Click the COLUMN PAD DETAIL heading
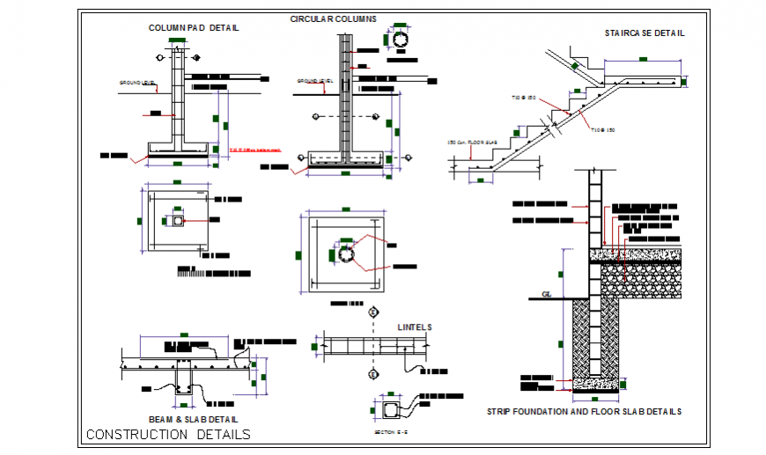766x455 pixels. (x=193, y=27)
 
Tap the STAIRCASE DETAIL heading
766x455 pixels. (x=644, y=33)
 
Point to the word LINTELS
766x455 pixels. (x=414, y=327)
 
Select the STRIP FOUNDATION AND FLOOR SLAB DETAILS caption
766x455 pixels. (x=584, y=411)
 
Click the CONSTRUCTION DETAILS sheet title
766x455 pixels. (x=168, y=435)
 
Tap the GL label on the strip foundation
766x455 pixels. (x=546, y=295)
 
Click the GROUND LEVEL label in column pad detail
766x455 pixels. (x=137, y=83)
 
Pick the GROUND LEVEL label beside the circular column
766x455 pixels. (x=313, y=81)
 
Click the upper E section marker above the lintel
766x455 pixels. (x=373, y=312)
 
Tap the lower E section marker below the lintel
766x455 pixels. (x=373, y=375)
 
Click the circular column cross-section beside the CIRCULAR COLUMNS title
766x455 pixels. (x=401, y=40)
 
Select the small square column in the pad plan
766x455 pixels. (x=178, y=221)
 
